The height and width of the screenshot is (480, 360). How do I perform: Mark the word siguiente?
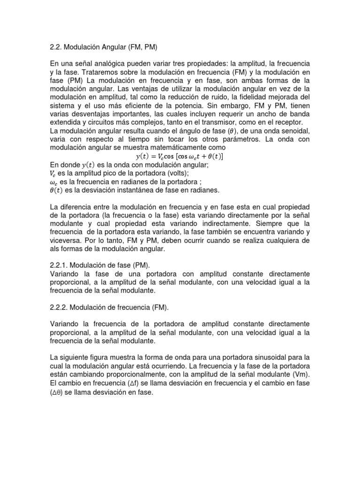[75, 358]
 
